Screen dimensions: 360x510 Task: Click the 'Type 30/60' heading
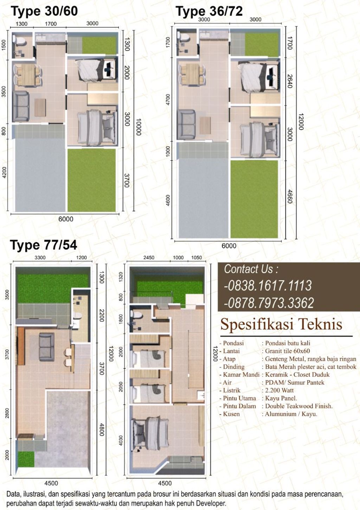click(44, 11)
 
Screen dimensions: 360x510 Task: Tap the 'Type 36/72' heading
click(209, 11)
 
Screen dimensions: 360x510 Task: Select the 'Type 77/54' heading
click(44, 245)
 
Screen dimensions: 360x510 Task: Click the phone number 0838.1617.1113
click(268, 286)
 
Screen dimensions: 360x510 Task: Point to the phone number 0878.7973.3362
click(269, 302)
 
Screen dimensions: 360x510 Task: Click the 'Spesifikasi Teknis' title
click(281, 324)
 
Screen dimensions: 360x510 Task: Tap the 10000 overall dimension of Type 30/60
click(139, 127)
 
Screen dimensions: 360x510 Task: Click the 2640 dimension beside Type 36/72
click(290, 81)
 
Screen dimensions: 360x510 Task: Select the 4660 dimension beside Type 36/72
click(290, 197)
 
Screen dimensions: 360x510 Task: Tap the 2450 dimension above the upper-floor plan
click(149, 257)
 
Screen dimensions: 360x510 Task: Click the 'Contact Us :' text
click(251, 269)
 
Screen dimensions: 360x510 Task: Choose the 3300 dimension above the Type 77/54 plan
click(40, 257)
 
